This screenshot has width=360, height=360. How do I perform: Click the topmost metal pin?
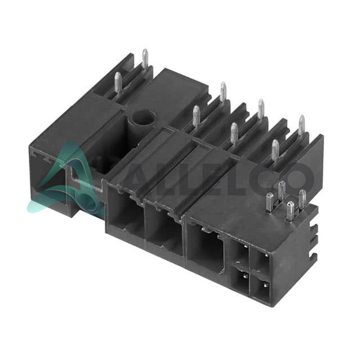(145, 59)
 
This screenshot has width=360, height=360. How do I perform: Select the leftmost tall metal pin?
(118, 82)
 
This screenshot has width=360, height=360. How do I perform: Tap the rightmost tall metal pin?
(301, 125)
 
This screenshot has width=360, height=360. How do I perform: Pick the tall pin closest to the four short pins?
(275, 150)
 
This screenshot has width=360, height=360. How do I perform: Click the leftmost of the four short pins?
(269, 202)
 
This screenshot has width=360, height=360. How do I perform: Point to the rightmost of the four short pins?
(302, 199)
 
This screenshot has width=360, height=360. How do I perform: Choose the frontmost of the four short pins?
(290, 211)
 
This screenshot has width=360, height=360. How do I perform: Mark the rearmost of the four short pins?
(282, 190)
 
